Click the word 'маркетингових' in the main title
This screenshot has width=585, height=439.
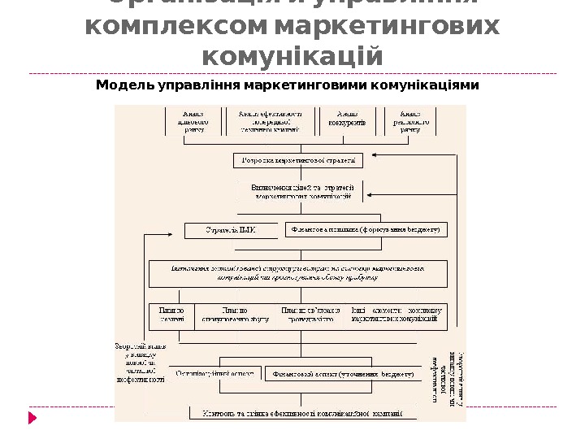point(388,27)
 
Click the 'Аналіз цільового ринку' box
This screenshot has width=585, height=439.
point(194,121)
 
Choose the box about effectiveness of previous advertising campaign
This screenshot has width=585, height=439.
point(270,121)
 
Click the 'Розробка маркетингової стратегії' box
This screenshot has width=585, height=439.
point(299,160)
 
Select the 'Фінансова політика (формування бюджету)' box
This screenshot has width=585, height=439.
point(366,230)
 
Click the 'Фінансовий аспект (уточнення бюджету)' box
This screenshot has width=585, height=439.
point(341,375)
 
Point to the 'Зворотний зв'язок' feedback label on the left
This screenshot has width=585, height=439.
point(140,362)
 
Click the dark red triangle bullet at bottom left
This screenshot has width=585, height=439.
point(32,418)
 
